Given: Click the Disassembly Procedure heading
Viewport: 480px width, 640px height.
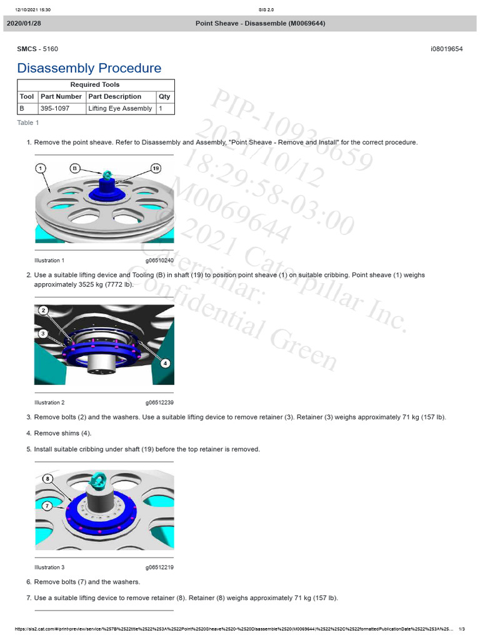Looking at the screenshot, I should tap(89, 68).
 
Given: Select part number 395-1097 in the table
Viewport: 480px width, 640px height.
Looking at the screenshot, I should tap(55, 108).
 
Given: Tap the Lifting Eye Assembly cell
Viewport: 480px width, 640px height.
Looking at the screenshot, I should tap(120, 108).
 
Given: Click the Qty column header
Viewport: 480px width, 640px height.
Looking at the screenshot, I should tap(164, 96).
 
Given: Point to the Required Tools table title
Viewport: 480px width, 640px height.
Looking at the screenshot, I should tap(95, 84).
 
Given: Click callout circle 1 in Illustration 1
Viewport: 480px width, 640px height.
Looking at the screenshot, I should tap(41, 168).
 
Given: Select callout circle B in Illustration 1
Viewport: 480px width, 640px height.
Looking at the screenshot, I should tap(75, 168).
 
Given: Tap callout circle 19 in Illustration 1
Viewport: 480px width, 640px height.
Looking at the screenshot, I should tap(156, 168).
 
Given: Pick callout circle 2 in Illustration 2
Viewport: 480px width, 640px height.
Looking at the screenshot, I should tap(43, 311).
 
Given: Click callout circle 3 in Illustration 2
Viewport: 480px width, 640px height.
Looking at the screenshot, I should tap(43, 334).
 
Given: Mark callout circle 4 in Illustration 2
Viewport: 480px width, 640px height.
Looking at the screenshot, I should tap(165, 362).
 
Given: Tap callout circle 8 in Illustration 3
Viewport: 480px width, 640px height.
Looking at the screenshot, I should tap(47, 479).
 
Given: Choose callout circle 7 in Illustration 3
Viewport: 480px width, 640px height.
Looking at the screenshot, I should tap(47, 505).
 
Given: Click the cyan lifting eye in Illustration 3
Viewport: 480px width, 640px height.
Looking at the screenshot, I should tap(98, 480).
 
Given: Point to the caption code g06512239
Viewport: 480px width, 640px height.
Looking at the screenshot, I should tap(159, 402).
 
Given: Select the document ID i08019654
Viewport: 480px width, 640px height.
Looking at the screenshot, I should tap(446, 49).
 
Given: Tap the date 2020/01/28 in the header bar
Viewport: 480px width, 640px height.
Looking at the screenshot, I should tap(24, 24).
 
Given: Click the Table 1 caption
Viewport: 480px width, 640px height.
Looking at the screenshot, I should tap(27, 122).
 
